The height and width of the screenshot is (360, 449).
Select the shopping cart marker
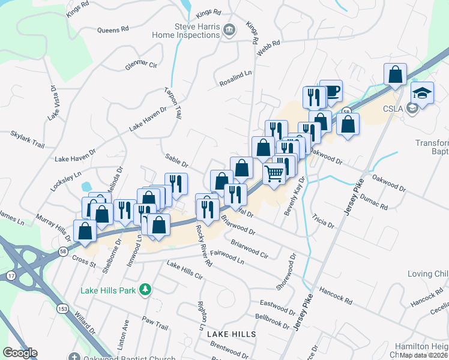(274, 173)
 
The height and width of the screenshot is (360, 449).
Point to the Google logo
(20, 353)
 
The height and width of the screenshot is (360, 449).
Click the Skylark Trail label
(28, 140)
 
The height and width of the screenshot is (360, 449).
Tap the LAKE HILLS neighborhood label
(232, 334)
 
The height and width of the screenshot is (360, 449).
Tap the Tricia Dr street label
(323, 220)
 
